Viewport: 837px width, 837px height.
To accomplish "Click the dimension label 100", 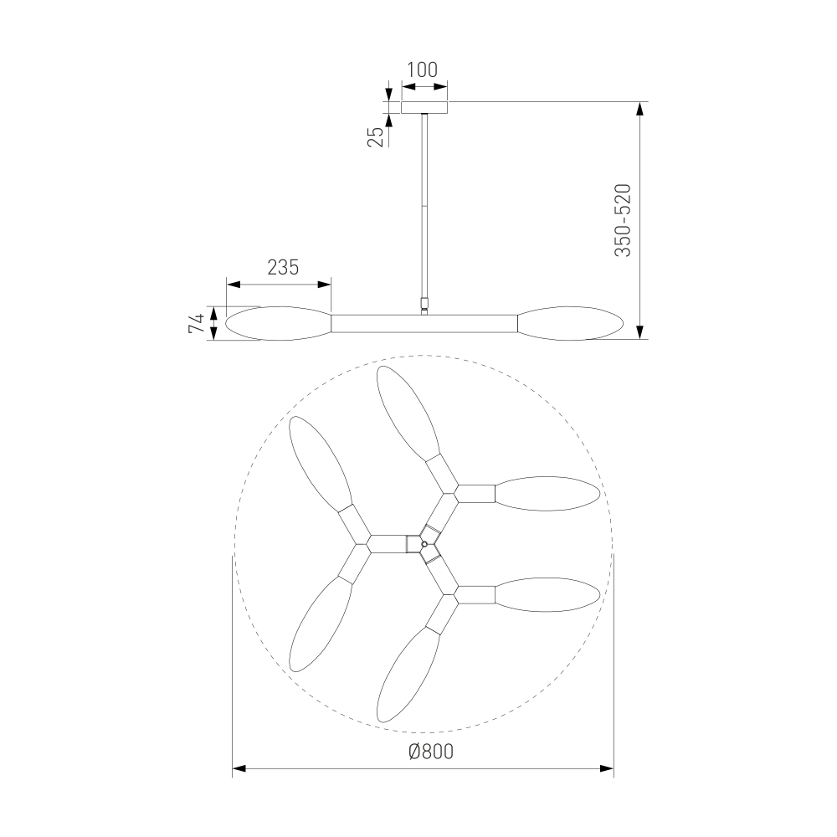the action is tap(422, 70).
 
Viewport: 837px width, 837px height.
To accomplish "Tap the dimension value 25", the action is tap(377, 137).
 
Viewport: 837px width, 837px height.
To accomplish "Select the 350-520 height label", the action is tap(623, 220).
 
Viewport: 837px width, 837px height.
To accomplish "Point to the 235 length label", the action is tap(283, 267).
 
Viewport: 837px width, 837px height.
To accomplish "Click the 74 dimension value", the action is tap(197, 323).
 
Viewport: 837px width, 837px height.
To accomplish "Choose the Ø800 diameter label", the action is tap(431, 752).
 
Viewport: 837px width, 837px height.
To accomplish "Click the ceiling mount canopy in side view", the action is tap(424, 107).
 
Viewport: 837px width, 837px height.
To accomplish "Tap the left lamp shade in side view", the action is tap(279, 323).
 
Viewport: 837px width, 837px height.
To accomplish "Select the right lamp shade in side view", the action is tap(569, 323).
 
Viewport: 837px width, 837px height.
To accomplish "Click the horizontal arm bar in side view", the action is tap(424, 323).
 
